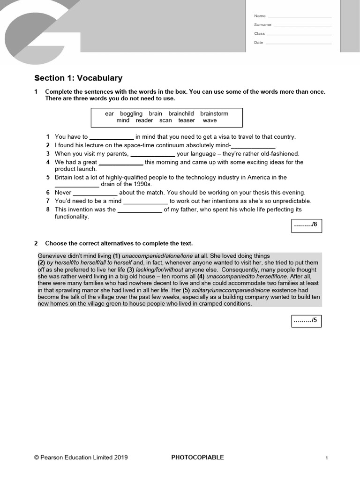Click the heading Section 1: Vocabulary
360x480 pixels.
click(x=78, y=78)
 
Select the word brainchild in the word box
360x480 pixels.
click(x=181, y=113)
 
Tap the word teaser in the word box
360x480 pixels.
click(x=187, y=120)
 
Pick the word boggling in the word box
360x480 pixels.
click(x=131, y=113)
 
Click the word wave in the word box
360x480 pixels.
click(x=210, y=120)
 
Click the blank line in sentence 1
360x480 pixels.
click(x=111, y=137)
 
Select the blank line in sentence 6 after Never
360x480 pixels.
click(x=95, y=193)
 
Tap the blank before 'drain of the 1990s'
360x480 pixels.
click(x=77, y=184)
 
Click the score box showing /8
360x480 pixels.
click(x=306, y=225)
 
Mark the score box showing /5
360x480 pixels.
click(x=306, y=321)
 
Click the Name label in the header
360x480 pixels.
click(x=259, y=16)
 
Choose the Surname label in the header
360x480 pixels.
click(x=262, y=25)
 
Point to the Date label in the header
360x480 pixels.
click(x=259, y=43)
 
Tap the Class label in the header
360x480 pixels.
click(x=259, y=34)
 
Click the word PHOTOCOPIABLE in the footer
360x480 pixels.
click(x=197, y=457)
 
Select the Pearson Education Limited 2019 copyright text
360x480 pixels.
click(x=81, y=457)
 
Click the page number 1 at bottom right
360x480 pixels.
click(x=326, y=458)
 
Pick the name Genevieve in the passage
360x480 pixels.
click(x=54, y=256)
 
